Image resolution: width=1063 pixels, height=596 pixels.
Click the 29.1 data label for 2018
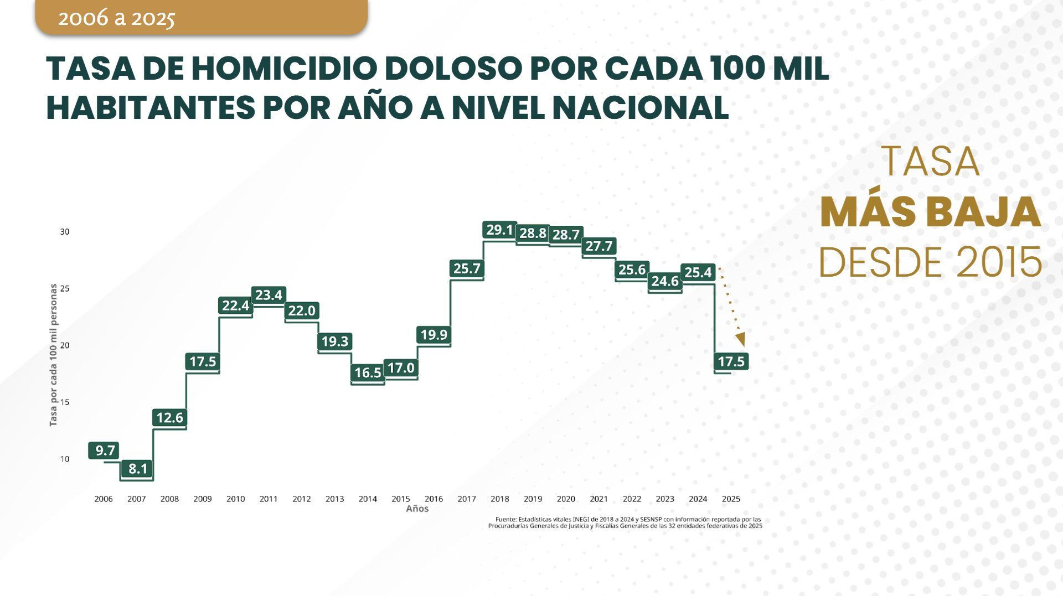(x=499, y=230)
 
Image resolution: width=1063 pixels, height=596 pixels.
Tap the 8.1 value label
(x=137, y=469)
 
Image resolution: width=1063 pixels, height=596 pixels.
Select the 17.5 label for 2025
(x=731, y=361)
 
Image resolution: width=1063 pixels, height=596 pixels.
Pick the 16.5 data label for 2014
(x=368, y=372)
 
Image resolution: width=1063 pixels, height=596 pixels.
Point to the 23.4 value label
(x=269, y=295)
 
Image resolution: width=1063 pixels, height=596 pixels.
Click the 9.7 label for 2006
(x=104, y=450)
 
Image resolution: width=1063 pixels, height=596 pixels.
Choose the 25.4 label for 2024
(x=698, y=272)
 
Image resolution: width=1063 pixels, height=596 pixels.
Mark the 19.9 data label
(x=434, y=334)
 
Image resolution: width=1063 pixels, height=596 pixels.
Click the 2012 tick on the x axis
(x=301, y=499)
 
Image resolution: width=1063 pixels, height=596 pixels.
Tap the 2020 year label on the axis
(x=565, y=499)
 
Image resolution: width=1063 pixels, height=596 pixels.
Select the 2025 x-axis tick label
(x=731, y=499)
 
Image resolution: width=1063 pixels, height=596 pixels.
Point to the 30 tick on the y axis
(x=65, y=232)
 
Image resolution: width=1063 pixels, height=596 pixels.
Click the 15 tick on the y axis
(x=65, y=402)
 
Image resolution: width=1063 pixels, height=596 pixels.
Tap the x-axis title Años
(x=417, y=509)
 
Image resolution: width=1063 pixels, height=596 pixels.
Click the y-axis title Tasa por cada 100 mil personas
(x=53, y=355)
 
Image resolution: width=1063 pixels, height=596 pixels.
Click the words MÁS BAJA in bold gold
(x=930, y=212)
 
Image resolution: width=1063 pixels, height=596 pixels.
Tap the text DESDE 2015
(x=930, y=262)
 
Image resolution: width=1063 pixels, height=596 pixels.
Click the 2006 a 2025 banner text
(x=116, y=18)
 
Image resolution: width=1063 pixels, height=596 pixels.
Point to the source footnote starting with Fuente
(x=625, y=523)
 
